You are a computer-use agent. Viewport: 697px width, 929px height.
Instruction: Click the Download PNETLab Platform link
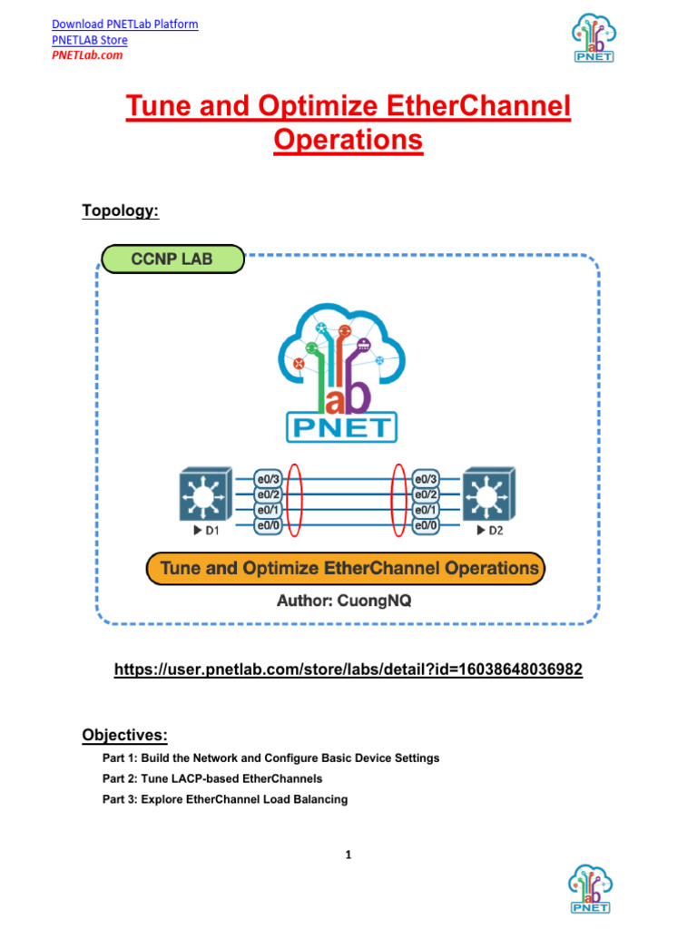click(124, 24)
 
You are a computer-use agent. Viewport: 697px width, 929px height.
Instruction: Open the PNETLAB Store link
click(89, 40)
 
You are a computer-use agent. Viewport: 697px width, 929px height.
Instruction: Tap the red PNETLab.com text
click(86, 55)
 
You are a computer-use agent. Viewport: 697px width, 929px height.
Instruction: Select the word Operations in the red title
click(348, 141)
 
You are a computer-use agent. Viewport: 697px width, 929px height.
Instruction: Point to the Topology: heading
click(120, 210)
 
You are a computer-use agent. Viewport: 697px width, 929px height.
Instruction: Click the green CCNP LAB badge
click(172, 259)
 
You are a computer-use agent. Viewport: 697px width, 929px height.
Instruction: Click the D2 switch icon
click(488, 494)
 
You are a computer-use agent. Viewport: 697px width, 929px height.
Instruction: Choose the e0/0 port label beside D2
click(427, 525)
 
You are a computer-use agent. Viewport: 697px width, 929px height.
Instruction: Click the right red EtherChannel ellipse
click(398, 502)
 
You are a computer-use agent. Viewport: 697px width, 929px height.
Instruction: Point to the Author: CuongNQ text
click(344, 601)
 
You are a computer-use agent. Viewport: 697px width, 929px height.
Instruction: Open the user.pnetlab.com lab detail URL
click(348, 670)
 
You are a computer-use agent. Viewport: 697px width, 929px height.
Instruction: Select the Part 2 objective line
click(212, 778)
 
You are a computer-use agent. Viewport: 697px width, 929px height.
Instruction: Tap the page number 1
click(348, 855)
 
